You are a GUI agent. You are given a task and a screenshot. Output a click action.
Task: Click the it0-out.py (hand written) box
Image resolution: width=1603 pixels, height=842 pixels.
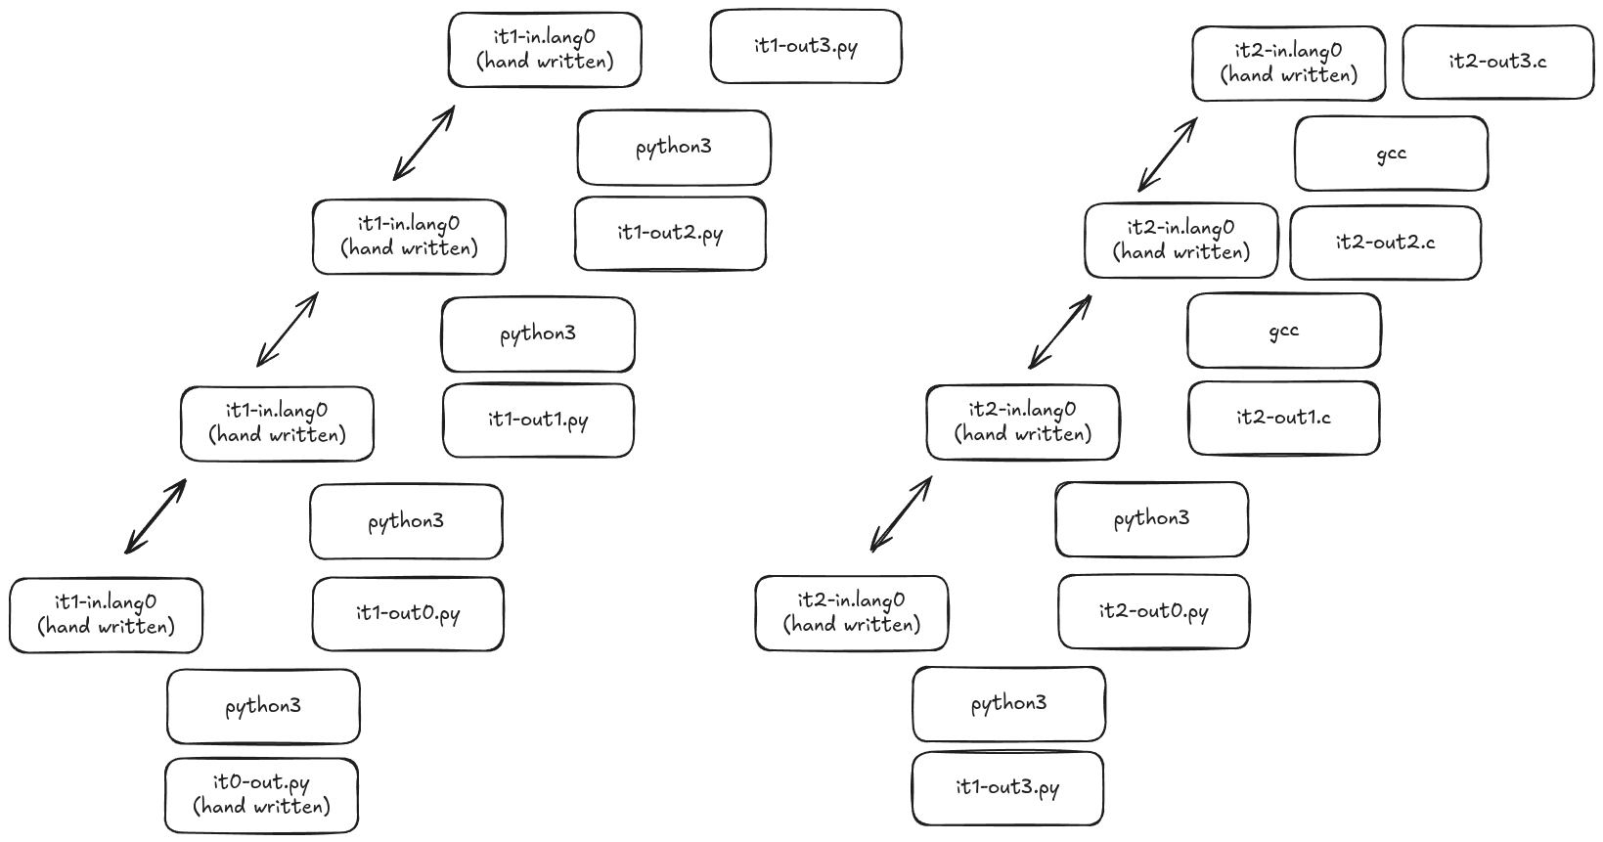pos(261,795)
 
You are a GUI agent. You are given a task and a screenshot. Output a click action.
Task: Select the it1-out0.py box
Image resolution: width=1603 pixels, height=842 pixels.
pos(408,614)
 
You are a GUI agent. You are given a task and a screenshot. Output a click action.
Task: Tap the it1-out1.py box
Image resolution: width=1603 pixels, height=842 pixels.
pos(538,421)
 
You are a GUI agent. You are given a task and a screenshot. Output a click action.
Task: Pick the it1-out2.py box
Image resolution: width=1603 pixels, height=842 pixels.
pos(670,234)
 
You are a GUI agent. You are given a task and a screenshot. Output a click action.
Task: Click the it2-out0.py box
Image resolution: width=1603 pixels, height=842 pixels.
pos(1153,612)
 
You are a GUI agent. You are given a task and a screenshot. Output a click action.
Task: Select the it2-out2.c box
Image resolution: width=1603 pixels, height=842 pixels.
pos(1385,243)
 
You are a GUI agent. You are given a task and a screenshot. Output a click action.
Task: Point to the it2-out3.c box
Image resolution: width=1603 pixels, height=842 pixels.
pos(1497,62)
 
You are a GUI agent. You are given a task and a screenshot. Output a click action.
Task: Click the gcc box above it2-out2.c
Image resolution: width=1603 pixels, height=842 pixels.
pos(1391,154)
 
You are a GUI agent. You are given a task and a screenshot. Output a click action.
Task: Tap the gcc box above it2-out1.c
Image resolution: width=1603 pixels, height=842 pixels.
pos(1283,331)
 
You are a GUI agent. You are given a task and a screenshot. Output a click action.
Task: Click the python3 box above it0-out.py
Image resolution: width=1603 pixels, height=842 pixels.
pos(263,706)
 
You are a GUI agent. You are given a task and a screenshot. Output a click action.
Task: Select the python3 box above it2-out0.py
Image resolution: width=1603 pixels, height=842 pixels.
pos(1151,519)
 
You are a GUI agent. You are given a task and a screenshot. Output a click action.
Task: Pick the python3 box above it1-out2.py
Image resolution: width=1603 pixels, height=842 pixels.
pos(673,148)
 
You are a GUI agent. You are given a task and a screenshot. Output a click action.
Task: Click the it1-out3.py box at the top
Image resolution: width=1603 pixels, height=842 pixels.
pos(805,47)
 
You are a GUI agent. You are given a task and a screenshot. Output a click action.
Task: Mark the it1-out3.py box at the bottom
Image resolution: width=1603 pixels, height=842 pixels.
pos(1007,788)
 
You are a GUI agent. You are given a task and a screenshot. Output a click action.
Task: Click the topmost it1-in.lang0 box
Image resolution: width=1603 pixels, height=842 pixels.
pos(545,50)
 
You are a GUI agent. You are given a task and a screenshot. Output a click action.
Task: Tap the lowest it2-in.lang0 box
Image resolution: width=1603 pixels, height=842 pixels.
pos(851,613)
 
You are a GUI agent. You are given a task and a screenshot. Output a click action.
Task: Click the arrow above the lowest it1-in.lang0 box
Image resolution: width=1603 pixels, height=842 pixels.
pos(156,516)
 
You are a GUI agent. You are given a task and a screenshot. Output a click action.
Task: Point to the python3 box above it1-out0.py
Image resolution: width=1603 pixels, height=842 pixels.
pos(406,522)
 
